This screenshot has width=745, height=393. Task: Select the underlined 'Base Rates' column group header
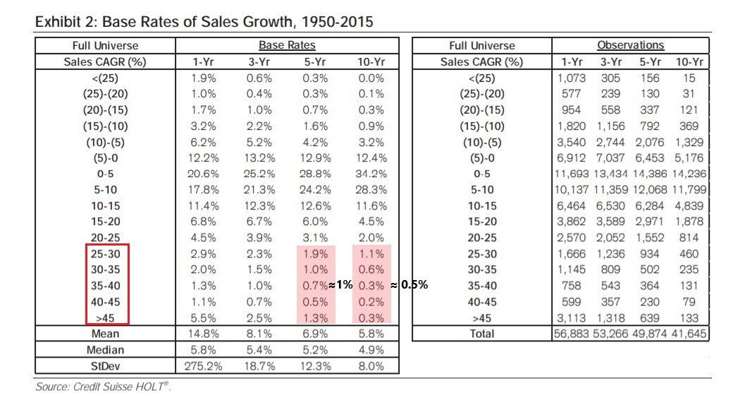coord(286,46)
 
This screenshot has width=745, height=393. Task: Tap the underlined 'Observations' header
coord(630,46)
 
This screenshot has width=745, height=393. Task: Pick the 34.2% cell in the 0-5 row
coord(371,174)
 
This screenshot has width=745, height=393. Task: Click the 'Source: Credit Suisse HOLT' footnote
coord(103,386)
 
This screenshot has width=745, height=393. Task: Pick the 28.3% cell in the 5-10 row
coord(371,190)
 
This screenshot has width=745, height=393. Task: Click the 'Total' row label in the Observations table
coord(481,334)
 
